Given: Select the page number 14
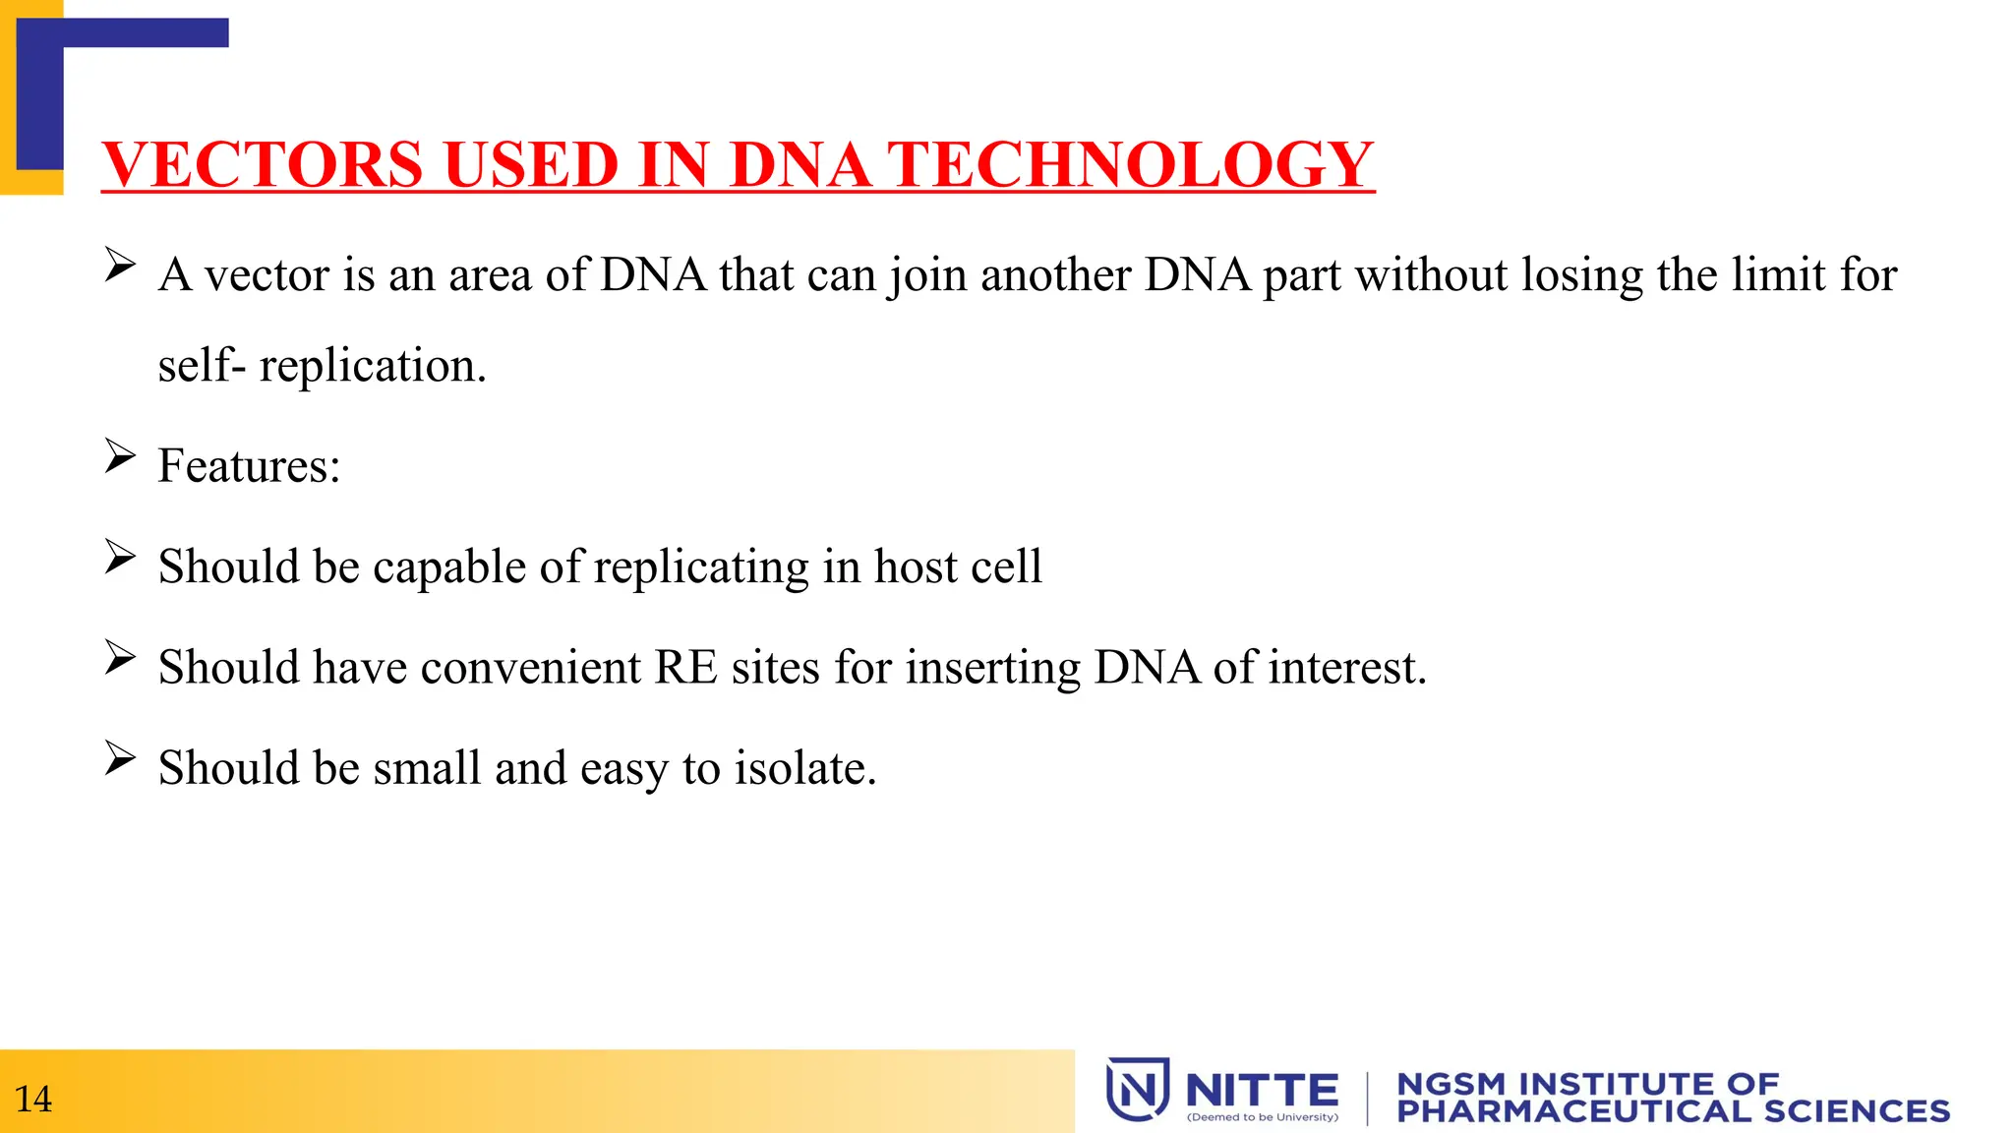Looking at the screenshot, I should pyautogui.click(x=33, y=1099).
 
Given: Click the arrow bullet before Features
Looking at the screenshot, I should pyautogui.click(x=120, y=456).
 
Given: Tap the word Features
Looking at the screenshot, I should pyautogui.click(x=248, y=465).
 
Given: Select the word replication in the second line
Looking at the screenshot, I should pyautogui.click(x=371, y=366).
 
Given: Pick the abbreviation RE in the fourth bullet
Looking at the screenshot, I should pyautogui.click(x=685, y=668).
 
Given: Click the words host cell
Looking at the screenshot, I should pyautogui.click(x=958, y=567).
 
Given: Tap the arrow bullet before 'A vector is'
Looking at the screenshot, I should pyautogui.click(x=120, y=266).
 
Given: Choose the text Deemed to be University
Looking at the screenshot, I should pyautogui.click(x=1263, y=1117).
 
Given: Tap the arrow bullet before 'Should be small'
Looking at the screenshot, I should pyautogui.click(x=120, y=758).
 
